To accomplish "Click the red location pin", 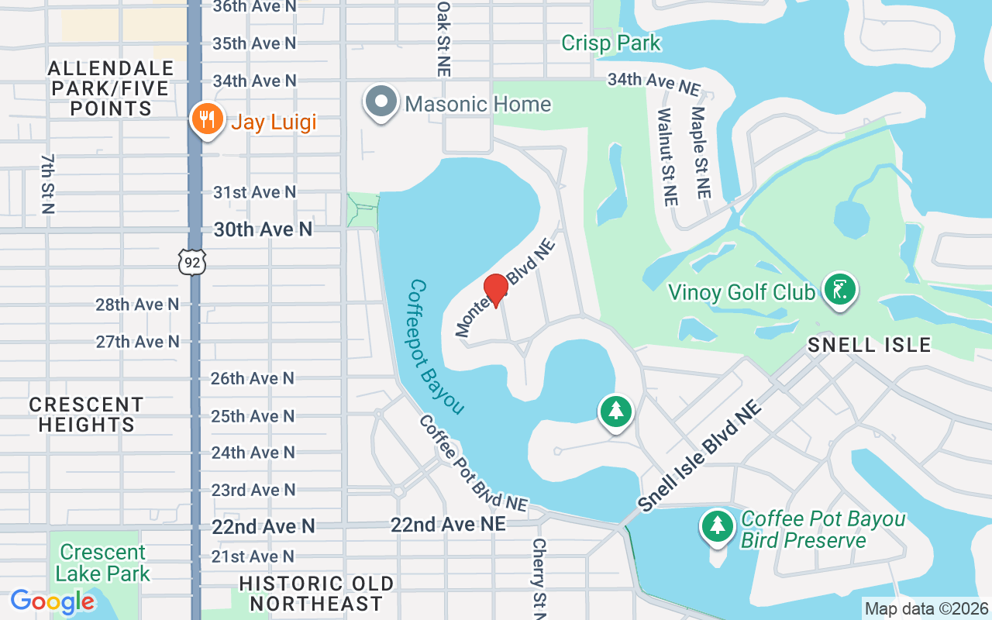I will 495,289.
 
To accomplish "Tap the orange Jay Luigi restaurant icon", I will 207,120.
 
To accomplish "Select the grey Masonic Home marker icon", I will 381,103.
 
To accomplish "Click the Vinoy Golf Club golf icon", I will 839,289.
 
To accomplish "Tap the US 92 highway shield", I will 192,263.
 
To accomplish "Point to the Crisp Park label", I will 611,43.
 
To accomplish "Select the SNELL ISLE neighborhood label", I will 869,345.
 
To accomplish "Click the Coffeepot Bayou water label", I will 436,347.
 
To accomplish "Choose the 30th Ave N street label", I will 263,229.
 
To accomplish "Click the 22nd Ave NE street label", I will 448,525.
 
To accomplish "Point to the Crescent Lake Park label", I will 102,563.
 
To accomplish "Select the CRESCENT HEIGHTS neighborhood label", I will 86,415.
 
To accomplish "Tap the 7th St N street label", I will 48,183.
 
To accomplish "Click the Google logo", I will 53,601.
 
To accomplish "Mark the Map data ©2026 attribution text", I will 927,609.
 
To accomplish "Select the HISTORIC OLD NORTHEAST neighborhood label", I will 316,594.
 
